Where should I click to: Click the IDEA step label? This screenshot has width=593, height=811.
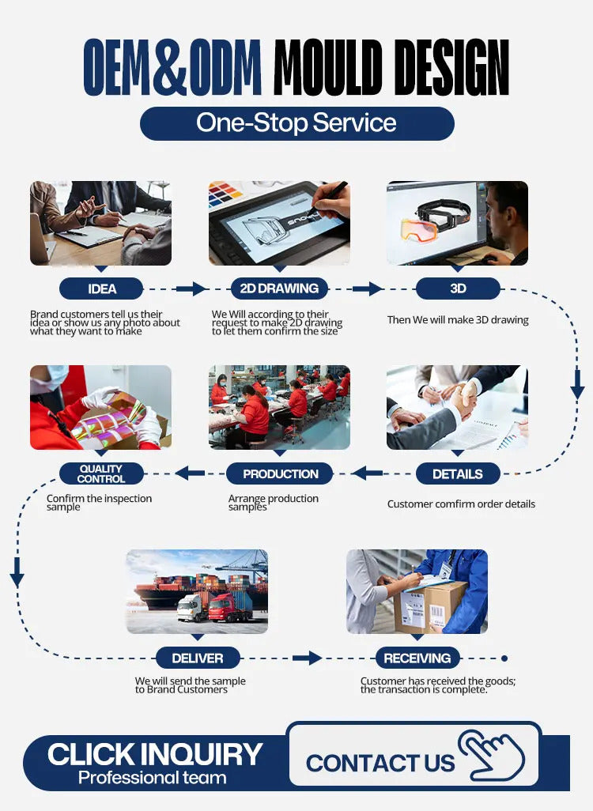101,289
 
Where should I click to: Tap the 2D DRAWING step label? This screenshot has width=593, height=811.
279,288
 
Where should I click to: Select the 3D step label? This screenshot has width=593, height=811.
458,288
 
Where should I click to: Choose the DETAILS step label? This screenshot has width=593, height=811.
458,473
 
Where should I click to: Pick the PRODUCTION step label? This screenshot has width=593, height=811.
280,473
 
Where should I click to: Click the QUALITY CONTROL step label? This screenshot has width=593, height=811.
101,473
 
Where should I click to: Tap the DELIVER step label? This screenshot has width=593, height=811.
198,658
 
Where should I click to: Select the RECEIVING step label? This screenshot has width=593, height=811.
417,658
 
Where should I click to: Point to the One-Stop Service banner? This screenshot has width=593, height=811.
297,123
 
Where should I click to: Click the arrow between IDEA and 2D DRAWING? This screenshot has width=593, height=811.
191,289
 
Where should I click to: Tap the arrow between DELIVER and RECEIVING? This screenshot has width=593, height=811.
307,658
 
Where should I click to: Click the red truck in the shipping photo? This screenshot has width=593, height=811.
230,607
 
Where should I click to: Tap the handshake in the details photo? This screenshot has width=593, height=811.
464,398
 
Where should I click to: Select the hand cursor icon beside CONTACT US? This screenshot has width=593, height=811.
491,755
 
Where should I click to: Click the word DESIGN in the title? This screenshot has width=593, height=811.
449,67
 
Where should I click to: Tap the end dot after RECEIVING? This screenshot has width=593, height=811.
504,658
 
